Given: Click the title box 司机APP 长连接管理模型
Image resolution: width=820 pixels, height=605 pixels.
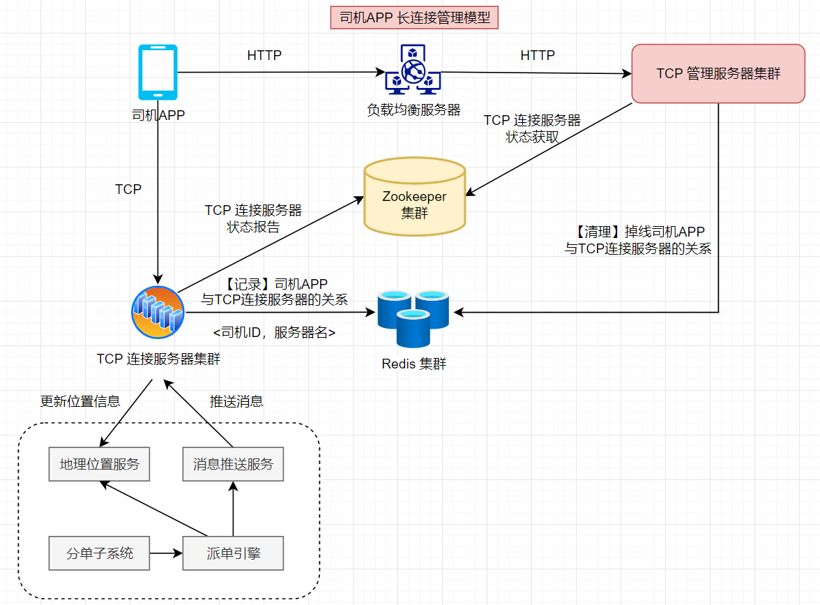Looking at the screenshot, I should pyautogui.click(x=415, y=18).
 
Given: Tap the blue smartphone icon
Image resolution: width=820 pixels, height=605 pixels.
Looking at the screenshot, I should pyautogui.click(x=158, y=72).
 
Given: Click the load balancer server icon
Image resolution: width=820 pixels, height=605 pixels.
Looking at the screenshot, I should pyautogui.click(x=413, y=70).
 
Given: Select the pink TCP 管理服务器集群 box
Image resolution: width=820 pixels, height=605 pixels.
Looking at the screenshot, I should pyautogui.click(x=718, y=73).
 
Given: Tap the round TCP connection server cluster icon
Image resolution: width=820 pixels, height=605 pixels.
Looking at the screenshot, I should pyautogui.click(x=158, y=312).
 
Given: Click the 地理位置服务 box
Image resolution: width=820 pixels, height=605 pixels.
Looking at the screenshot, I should pyautogui.click(x=100, y=464).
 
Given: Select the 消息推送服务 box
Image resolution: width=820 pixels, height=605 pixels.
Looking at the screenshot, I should pyautogui.click(x=233, y=464).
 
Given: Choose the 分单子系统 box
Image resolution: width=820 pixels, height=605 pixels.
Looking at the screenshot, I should pyautogui.click(x=100, y=554).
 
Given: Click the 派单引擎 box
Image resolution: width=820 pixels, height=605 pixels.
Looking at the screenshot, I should pyautogui.click(x=233, y=554).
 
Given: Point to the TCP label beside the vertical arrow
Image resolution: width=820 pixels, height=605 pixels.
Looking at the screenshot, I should pyautogui.click(x=128, y=189).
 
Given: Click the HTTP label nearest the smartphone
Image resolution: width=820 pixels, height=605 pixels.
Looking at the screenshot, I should pyautogui.click(x=264, y=55).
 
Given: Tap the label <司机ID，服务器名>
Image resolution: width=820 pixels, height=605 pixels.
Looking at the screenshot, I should pyautogui.click(x=274, y=333).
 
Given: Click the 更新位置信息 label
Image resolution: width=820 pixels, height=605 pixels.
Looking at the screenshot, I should pyautogui.click(x=80, y=401).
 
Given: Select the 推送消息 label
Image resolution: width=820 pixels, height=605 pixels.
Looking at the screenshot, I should pyautogui.click(x=236, y=401).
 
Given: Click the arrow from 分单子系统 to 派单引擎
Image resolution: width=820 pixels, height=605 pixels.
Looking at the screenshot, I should pyautogui.click(x=167, y=554).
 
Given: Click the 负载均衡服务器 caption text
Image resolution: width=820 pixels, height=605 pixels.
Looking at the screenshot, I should pyautogui.click(x=414, y=110).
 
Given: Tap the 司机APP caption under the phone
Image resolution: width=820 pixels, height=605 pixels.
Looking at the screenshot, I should pyautogui.click(x=158, y=115).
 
